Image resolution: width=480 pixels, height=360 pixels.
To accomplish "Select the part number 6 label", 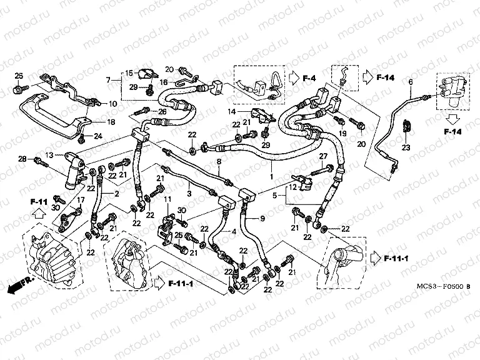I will (x=411, y=82).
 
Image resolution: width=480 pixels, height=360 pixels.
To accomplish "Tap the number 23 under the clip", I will (x=406, y=148).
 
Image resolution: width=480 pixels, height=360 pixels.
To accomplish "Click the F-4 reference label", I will (x=310, y=78).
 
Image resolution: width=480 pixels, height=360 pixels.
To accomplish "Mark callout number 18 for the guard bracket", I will (x=111, y=122).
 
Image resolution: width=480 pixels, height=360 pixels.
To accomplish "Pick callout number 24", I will (x=97, y=136).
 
